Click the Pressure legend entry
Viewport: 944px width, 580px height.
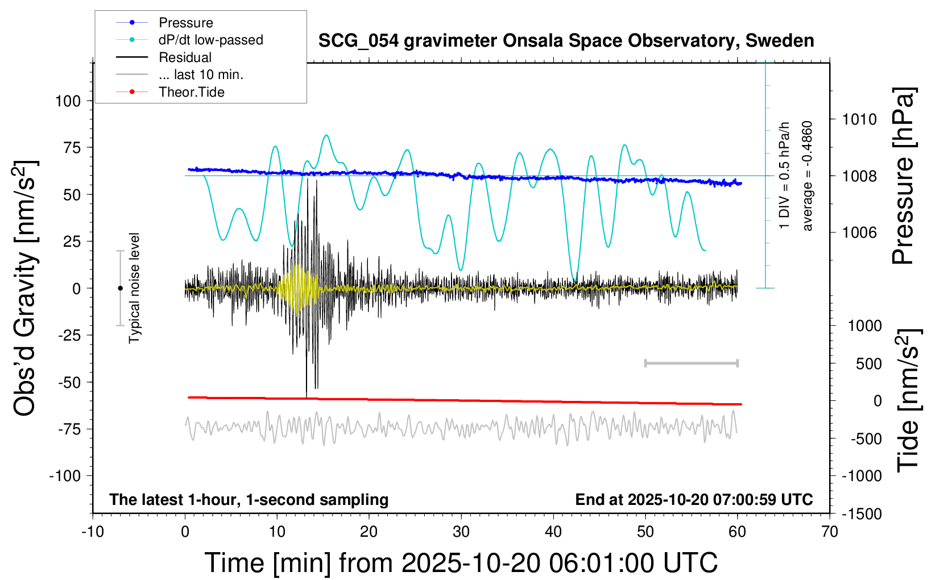(185, 23)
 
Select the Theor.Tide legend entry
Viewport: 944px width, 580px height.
(191, 92)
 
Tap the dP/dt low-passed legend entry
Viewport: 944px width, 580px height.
(210, 40)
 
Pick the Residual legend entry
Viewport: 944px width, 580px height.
(185, 57)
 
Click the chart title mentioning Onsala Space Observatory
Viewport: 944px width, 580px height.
(566, 41)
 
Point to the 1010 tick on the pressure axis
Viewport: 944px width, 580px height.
(859, 119)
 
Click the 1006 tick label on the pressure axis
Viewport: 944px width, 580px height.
(859, 232)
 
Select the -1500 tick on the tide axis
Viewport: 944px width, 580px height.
(862, 514)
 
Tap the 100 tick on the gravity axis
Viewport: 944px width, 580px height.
(68, 101)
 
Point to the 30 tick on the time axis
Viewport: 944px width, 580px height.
(461, 532)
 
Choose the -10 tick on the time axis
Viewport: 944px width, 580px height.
(93, 532)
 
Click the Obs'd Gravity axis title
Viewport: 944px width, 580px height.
(26, 288)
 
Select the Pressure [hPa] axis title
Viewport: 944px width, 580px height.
(902, 176)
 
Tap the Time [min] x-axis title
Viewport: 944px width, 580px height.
(461, 563)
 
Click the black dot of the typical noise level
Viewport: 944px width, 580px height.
(120, 288)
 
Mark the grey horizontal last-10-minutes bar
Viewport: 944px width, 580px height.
(691, 363)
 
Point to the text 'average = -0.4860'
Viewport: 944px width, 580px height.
(808, 176)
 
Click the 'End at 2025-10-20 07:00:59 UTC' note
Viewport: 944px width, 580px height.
(694, 500)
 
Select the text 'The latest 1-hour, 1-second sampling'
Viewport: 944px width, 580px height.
(249, 500)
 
